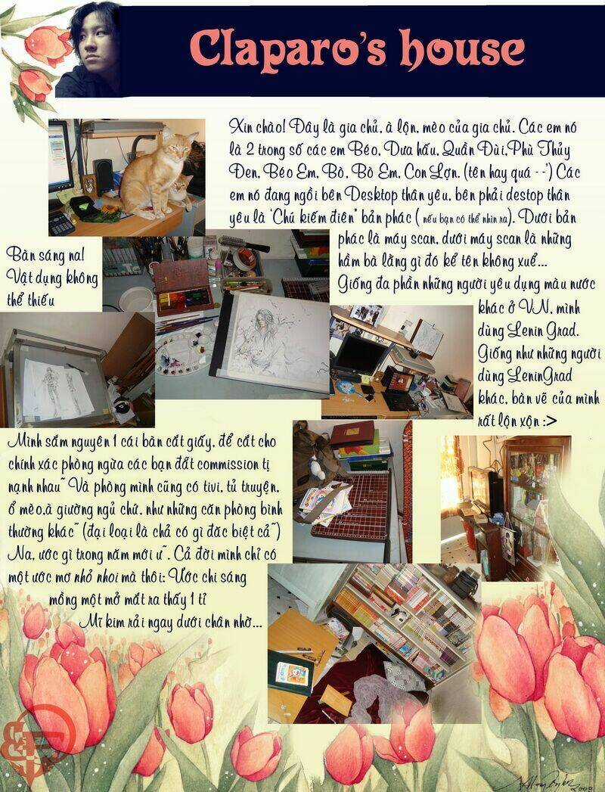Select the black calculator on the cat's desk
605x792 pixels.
pos(60,222)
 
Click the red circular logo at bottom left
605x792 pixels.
pos(23,745)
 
